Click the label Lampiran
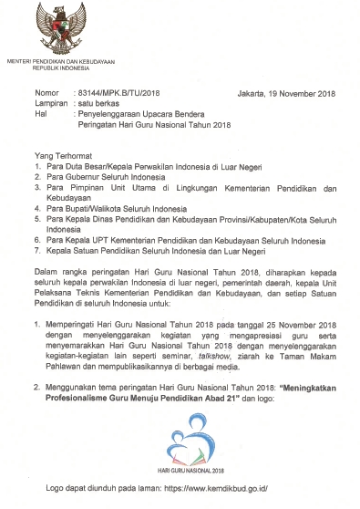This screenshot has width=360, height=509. point(50,104)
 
